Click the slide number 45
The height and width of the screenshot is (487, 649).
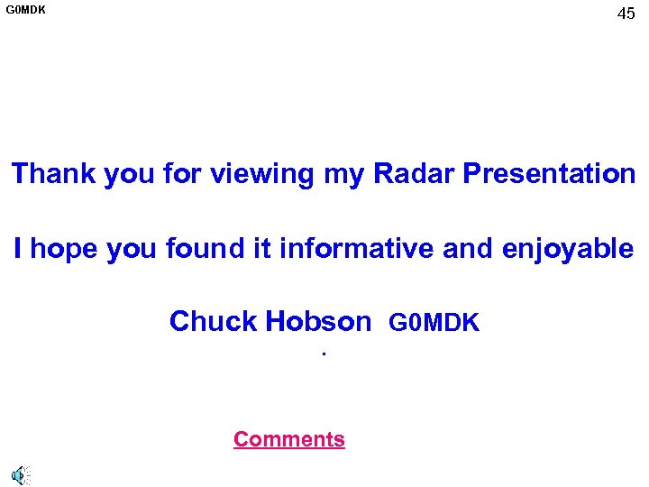point(626,14)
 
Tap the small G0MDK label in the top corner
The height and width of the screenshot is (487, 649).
point(26,11)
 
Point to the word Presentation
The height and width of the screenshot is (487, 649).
point(549,173)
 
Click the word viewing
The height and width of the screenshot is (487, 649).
point(261,173)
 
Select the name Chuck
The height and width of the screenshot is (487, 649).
point(212,321)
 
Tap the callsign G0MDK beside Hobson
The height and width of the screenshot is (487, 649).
point(434,322)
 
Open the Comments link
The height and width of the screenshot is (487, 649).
point(288,439)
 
